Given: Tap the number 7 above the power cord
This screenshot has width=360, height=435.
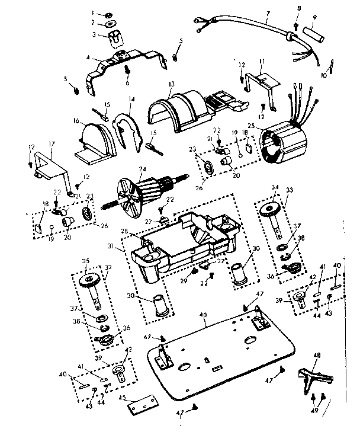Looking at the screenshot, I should click(x=268, y=13).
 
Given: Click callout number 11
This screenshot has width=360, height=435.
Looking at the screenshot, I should click(x=261, y=61).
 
